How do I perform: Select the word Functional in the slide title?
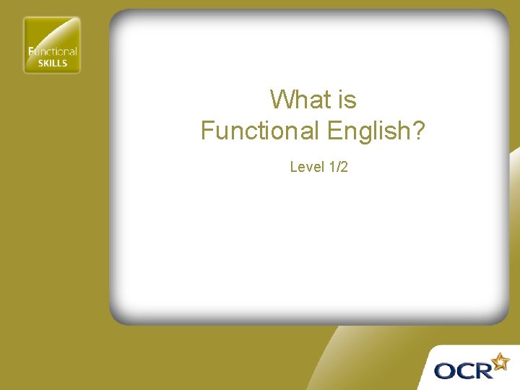tap(259, 131)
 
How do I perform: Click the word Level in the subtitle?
tap(306, 167)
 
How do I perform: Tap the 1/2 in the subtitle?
tap(338, 167)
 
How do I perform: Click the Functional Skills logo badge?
tap(52, 45)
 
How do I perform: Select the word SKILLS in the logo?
tap(52, 63)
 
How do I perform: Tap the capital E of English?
tap(334, 131)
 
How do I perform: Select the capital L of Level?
tap(293, 167)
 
